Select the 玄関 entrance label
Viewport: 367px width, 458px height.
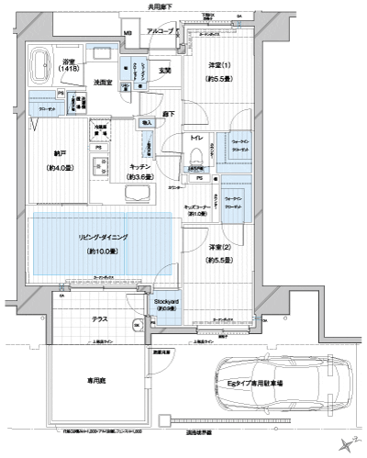[165, 71]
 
